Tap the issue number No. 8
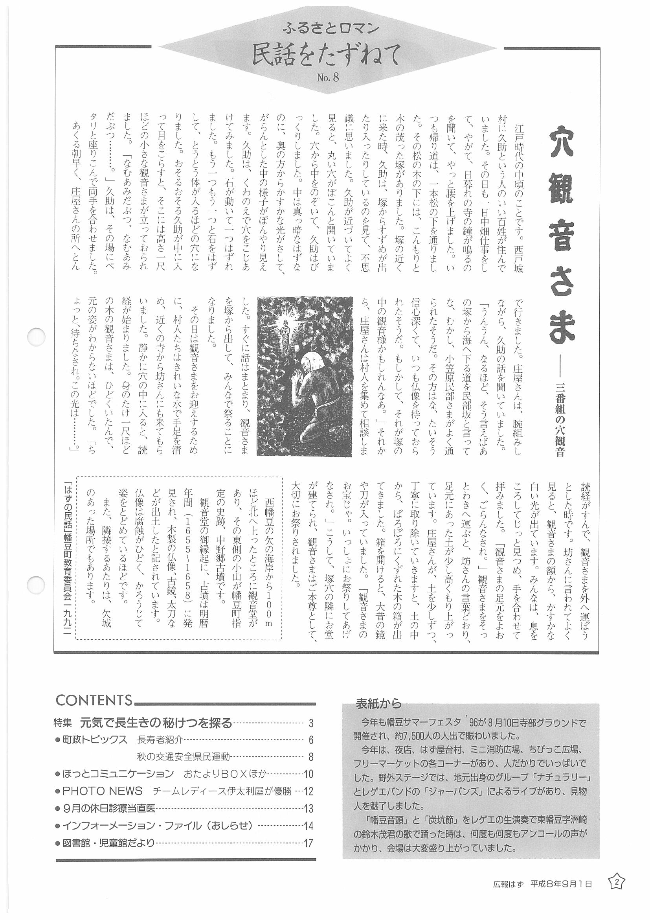328,77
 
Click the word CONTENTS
94,699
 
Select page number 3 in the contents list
311,723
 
